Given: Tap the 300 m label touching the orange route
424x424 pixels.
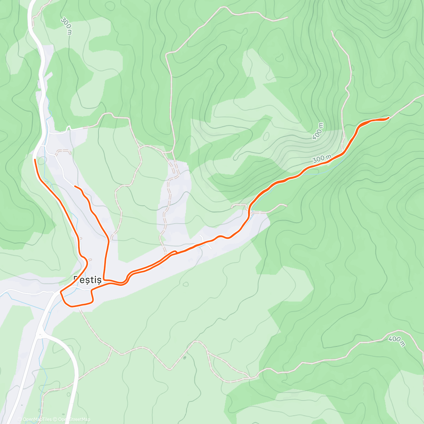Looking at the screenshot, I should [322, 159].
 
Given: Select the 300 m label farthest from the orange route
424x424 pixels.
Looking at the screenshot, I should [66, 26].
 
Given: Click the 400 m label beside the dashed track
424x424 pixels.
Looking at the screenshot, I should [396, 341].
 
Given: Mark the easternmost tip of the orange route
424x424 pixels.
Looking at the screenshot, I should [389, 117].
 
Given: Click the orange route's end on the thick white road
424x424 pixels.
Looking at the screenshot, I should [35, 160].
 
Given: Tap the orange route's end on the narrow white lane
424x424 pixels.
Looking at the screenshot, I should [75, 186].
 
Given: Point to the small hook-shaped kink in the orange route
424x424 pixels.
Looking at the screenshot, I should [175, 252].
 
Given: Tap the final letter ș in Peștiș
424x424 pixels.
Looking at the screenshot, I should [99, 280].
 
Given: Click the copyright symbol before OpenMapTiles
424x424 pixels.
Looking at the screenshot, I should [20, 419].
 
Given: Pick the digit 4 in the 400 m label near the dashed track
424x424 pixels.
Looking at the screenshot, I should [391, 338].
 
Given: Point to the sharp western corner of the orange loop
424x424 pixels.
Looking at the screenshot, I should [61, 292].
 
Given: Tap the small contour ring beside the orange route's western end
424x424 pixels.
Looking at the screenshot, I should [42, 161].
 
